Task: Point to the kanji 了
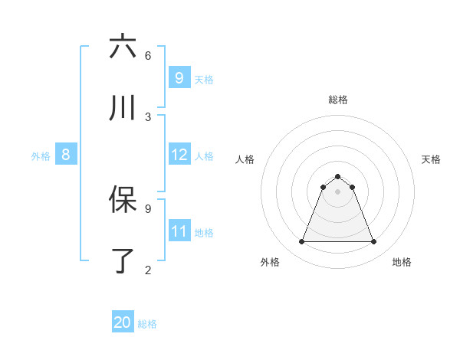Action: coord(123,261)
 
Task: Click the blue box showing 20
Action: coord(123,322)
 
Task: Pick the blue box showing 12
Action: coord(179,155)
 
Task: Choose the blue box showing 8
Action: coord(65,155)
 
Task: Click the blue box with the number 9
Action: coord(179,77)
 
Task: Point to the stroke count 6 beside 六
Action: coord(148,55)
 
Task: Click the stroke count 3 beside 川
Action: coord(148,116)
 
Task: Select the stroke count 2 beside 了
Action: coord(148,270)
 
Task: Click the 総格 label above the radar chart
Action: coord(337,100)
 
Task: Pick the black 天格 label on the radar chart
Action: coord(431,159)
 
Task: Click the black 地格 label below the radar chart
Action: coord(402,263)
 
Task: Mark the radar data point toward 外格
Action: coord(301,242)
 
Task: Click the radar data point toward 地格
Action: coord(373,242)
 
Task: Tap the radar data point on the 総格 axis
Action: coord(337,176)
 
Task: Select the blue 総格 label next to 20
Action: coord(147,324)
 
